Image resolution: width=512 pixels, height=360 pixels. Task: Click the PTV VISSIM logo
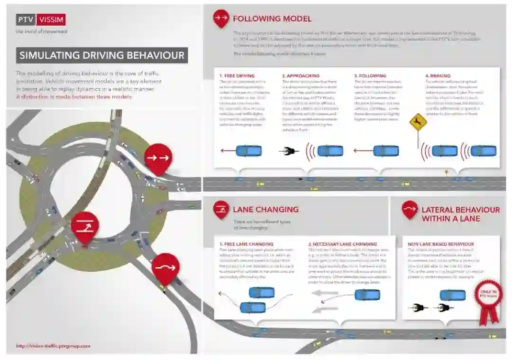[x=40, y=19]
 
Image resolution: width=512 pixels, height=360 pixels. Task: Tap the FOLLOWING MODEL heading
[x=272, y=19]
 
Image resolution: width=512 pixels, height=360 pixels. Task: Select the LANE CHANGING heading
[x=265, y=209]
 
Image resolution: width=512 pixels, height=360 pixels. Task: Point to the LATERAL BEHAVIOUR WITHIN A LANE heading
[x=460, y=214]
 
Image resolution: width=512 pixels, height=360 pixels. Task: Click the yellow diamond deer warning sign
[x=418, y=123]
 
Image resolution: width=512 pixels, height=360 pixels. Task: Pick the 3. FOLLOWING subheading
[x=370, y=75]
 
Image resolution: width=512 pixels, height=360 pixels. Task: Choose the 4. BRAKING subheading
[x=438, y=75]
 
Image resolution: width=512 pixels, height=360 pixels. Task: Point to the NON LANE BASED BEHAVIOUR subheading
[x=441, y=244]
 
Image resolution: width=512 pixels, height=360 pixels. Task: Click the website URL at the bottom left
[x=53, y=346]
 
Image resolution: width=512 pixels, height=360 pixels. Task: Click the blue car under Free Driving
[x=249, y=151]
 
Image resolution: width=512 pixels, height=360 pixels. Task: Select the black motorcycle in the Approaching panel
[x=289, y=151]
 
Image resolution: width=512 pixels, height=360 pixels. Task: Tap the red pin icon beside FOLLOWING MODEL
[x=221, y=18]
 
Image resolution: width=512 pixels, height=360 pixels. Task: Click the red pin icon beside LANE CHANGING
[x=221, y=209]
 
